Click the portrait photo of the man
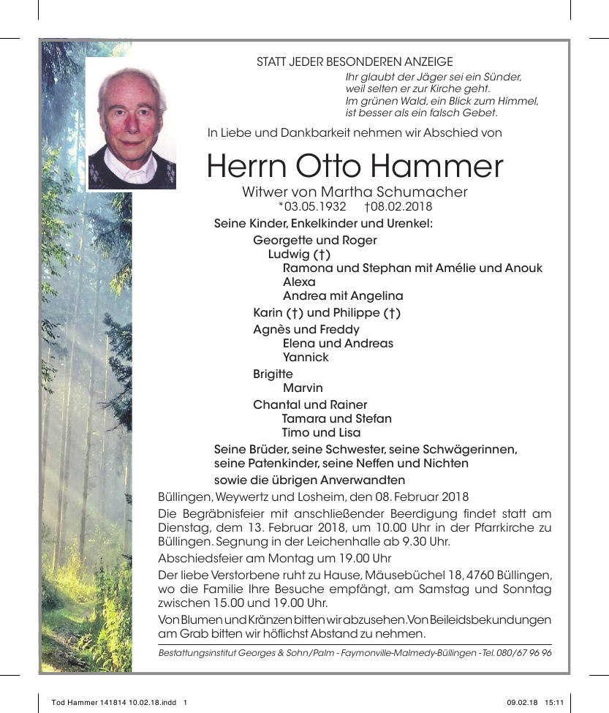(132, 124)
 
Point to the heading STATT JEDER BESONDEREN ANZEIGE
(355, 62)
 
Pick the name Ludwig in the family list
(290, 254)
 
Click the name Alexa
(299, 282)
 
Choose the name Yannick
(306, 358)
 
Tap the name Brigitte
(273, 374)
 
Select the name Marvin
(303, 388)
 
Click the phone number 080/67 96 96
(523, 652)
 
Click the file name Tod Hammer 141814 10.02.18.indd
(114, 703)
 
